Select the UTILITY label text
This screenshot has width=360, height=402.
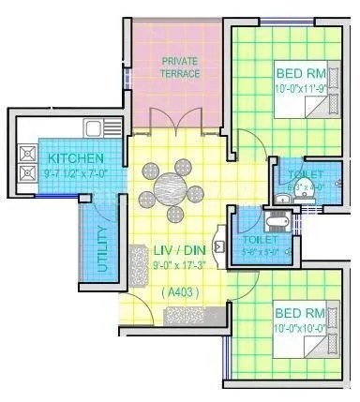102,250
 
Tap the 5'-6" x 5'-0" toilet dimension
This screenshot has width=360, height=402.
259,251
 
